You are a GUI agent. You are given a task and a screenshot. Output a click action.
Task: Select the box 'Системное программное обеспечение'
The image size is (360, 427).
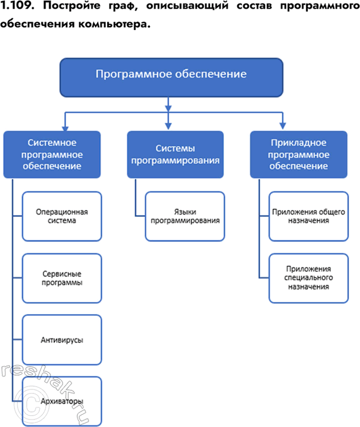pos(52,154)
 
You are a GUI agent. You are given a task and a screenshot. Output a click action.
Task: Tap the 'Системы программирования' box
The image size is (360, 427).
pos(175,154)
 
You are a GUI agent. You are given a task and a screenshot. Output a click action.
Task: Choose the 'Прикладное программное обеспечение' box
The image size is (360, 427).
pos(299,154)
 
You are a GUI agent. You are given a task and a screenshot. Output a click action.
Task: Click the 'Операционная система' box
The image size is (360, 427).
pos(62,216)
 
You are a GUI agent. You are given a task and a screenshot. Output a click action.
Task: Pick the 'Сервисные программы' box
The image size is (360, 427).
pos(62,278)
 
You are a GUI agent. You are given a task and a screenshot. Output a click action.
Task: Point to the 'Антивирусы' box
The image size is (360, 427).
pos(62,340)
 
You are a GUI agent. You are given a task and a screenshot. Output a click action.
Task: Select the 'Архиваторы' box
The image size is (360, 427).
pos(62,401)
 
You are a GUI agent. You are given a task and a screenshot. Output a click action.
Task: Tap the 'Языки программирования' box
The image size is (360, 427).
pos(185,216)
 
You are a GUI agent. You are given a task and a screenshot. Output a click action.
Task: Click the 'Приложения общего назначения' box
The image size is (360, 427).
pos(308,216)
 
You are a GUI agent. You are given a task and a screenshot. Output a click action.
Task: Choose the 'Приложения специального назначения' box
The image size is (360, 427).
pos(308,278)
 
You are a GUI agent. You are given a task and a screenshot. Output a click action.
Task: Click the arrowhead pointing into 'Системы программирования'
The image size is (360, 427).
pos(168,126)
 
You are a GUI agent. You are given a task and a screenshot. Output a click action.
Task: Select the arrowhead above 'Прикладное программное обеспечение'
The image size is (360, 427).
pos(283,126)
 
